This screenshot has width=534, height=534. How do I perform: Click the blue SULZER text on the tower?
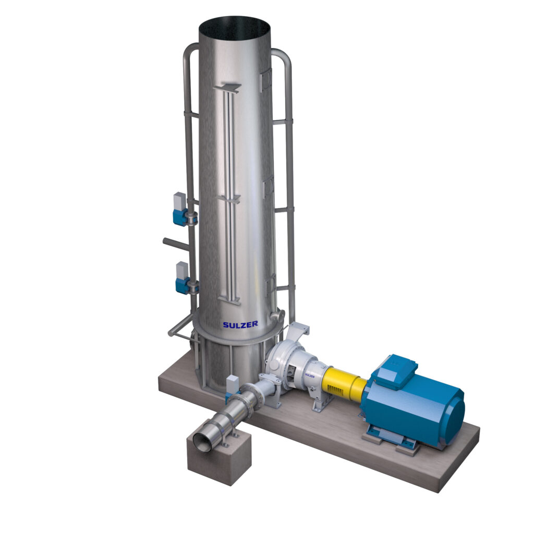[240, 324]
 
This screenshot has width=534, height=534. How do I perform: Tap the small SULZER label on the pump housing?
[310, 374]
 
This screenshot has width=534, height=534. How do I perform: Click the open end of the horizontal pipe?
[203, 442]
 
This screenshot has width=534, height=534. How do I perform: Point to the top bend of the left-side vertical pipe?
[189, 51]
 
